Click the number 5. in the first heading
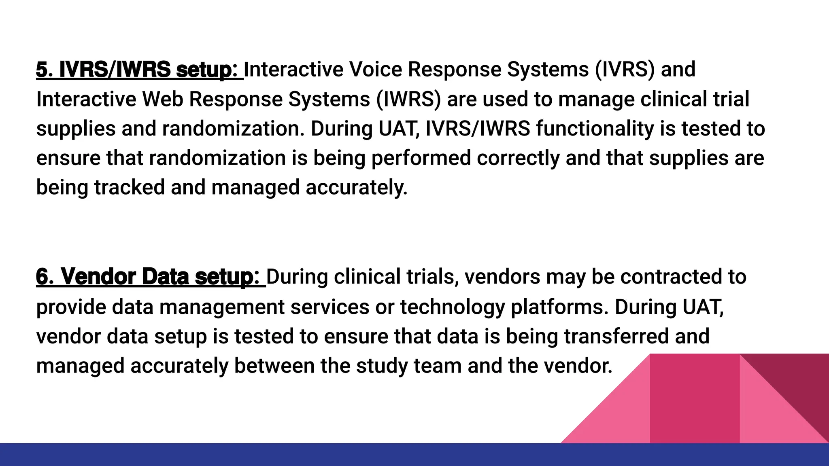pos(45,70)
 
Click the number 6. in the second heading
pos(45,277)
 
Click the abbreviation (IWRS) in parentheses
pos(408,99)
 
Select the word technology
pos(453,307)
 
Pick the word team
pos(438,366)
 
